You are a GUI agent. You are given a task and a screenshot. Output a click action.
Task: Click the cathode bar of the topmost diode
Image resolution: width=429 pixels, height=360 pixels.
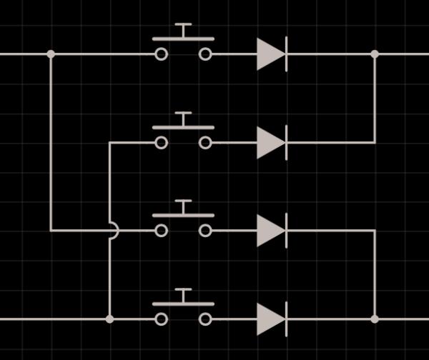point(286,54)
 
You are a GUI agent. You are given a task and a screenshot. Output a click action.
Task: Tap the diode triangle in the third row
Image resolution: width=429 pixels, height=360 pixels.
point(270,230)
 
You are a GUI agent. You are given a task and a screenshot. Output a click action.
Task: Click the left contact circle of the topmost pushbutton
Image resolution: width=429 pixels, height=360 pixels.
point(162,54)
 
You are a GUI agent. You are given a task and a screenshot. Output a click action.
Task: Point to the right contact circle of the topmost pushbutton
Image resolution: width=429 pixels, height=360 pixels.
point(205,54)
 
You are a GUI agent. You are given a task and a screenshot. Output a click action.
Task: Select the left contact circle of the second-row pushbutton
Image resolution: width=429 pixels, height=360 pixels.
point(162,142)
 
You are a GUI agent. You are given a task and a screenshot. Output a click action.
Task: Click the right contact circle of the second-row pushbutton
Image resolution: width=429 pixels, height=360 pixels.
point(205,142)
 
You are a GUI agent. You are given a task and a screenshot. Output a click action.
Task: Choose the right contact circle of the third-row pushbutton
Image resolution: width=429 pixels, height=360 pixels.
point(205,230)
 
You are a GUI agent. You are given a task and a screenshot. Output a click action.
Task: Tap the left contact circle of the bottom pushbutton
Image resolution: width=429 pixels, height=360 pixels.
point(162,319)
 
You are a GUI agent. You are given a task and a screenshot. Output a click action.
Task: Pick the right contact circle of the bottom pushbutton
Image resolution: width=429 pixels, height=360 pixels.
point(205,319)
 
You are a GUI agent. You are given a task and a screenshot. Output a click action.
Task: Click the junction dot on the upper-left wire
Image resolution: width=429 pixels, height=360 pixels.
point(51,54)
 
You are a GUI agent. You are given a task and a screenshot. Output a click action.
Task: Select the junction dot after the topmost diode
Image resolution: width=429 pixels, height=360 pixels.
point(375,54)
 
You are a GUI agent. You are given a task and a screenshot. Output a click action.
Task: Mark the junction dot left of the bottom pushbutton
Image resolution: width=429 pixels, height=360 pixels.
point(109,319)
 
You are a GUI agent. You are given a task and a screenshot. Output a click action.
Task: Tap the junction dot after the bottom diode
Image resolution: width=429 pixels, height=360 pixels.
point(375,319)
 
